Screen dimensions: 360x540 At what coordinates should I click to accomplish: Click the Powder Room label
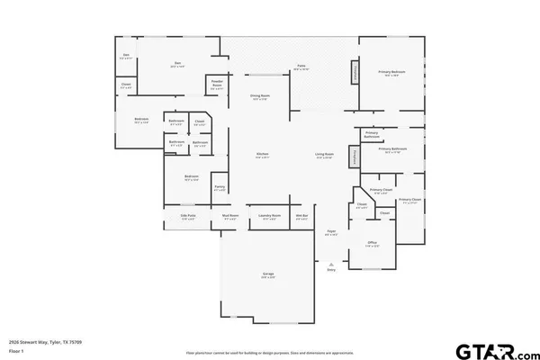(217, 86)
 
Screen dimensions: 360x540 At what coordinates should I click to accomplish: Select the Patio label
(302, 67)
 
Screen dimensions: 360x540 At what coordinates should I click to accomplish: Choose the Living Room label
(324, 156)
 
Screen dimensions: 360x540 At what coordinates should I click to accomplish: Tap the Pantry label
(219, 190)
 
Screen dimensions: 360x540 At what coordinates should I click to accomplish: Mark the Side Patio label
(188, 217)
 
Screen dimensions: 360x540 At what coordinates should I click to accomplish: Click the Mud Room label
(230, 217)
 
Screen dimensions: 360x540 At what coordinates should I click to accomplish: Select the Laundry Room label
(267, 217)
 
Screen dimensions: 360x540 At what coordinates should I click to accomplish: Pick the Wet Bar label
(302, 217)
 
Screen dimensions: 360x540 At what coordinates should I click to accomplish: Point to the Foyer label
(331, 233)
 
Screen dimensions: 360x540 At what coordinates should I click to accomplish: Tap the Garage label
(267, 274)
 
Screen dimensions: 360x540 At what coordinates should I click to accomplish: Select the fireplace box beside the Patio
(355, 73)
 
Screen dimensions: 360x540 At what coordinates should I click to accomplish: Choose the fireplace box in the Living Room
(355, 157)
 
